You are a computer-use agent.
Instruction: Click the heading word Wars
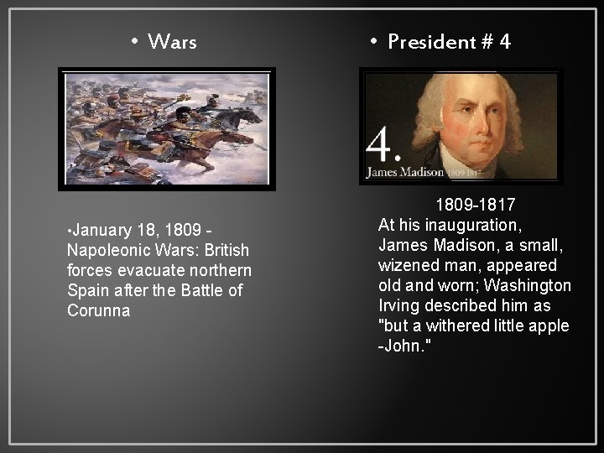click(x=172, y=41)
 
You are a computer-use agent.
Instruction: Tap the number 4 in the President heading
click(x=503, y=42)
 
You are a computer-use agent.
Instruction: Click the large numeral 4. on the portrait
click(x=383, y=148)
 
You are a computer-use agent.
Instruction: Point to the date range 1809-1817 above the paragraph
click(x=475, y=205)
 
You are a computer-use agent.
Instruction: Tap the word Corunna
click(x=98, y=310)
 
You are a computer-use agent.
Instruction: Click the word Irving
click(x=398, y=305)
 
